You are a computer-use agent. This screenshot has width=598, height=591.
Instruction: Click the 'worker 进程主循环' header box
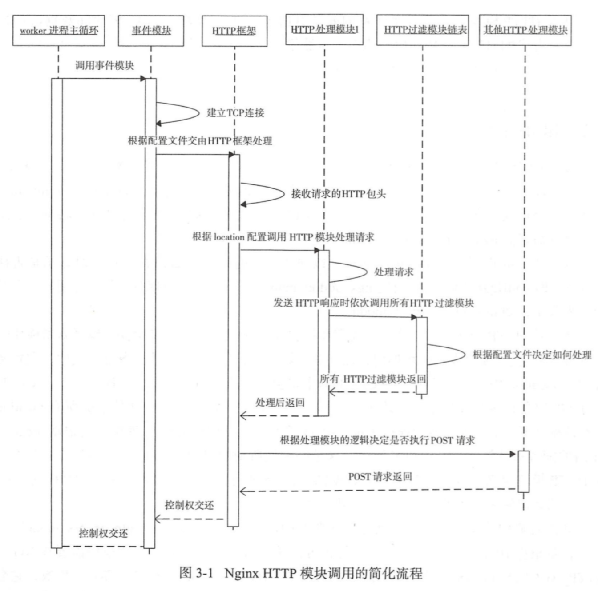(x=58, y=31)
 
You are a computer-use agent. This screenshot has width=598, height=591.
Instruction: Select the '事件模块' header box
(x=151, y=31)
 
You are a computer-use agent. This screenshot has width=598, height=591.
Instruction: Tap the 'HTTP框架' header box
(x=234, y=31)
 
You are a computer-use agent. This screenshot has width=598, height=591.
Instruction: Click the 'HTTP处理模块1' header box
(x=324, y=30)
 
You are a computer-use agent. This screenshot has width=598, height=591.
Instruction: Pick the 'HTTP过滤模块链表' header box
(x=422, y=30)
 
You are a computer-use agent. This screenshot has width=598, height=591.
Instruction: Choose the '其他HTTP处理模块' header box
(x=525, y=30)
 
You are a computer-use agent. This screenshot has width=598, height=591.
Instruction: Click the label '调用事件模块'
(x=104, y=66)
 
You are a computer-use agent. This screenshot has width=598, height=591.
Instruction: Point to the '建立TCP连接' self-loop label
(x=235, y=113)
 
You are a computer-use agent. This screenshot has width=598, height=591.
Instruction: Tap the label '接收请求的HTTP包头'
(x=338, y=194)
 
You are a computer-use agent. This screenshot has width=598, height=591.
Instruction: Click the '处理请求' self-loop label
(x=393, y=272)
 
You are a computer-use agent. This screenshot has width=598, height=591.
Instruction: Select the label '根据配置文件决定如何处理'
(x=532, y=355)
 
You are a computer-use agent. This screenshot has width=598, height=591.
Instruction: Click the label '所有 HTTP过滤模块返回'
(x=373, y=379)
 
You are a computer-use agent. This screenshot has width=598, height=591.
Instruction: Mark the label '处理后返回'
(x=280, y=403)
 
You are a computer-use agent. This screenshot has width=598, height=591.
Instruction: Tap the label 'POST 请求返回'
(x=380, y=477)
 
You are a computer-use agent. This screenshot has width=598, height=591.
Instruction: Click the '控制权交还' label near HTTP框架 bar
(x=189, y=505)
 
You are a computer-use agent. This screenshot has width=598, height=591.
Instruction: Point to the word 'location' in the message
(x=229, y=237)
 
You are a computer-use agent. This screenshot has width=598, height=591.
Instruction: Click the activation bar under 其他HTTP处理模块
(x=524, y=471)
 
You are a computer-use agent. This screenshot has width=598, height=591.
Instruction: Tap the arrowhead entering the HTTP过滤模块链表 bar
(x=413, y=317)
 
